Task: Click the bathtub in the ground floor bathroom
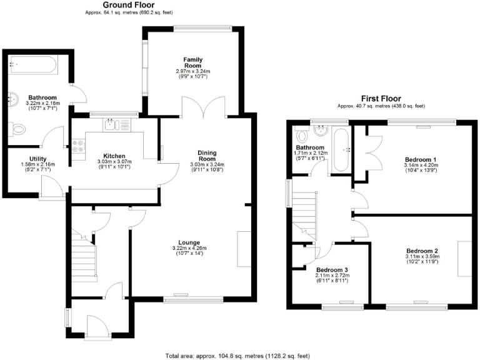click(x=33, y=64)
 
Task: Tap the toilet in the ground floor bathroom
click(x=19, y=130)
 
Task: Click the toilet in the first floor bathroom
click(x=302, y=135)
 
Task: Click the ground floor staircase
click(x=84, y=256)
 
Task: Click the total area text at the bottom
click(x=237, y=356)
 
